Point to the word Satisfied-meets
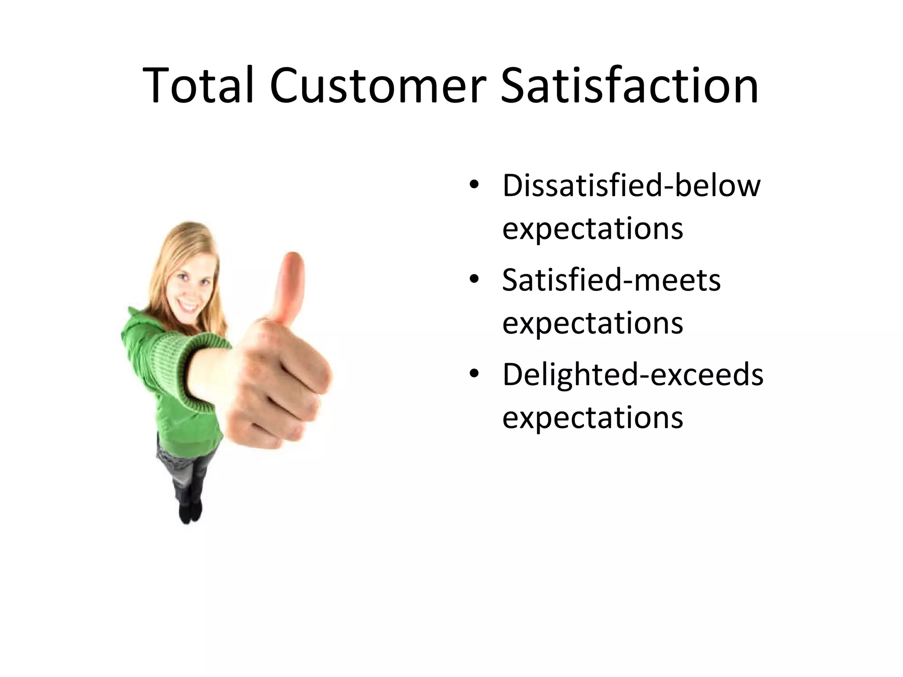pyautogui.click(x=611, y=280)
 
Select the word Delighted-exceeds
pyautogui.click(x=633, y=375)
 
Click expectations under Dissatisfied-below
pyautogui.click(x=593, y=229)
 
